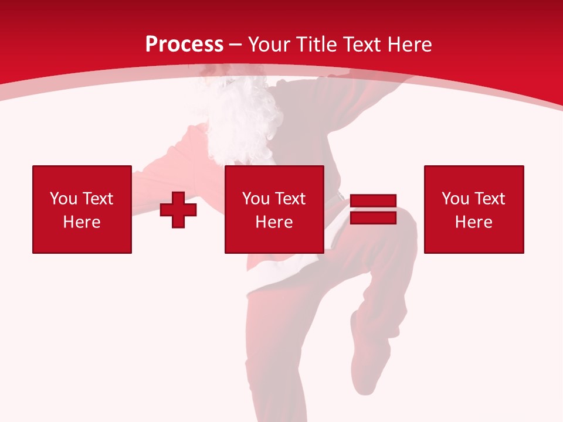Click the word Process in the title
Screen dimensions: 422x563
coord(184,45)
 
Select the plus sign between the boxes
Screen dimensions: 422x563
coord(178,209)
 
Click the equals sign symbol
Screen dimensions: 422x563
coord(373,209)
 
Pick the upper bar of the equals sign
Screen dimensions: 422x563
coord(373,201)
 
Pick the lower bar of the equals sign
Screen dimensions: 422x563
coord(373,217)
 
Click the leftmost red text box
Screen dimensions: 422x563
coord(82,209)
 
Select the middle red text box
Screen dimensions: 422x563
coord(274,209)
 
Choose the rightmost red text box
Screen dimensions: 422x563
coord(473,209)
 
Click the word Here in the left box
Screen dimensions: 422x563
coord(82,222)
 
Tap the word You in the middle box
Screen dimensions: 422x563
coord(255,199)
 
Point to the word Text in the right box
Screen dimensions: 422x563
coord(491,199)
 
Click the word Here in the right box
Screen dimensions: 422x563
coord(473,222)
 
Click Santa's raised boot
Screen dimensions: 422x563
coord(367,358)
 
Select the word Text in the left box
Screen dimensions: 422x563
coord(98,199)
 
